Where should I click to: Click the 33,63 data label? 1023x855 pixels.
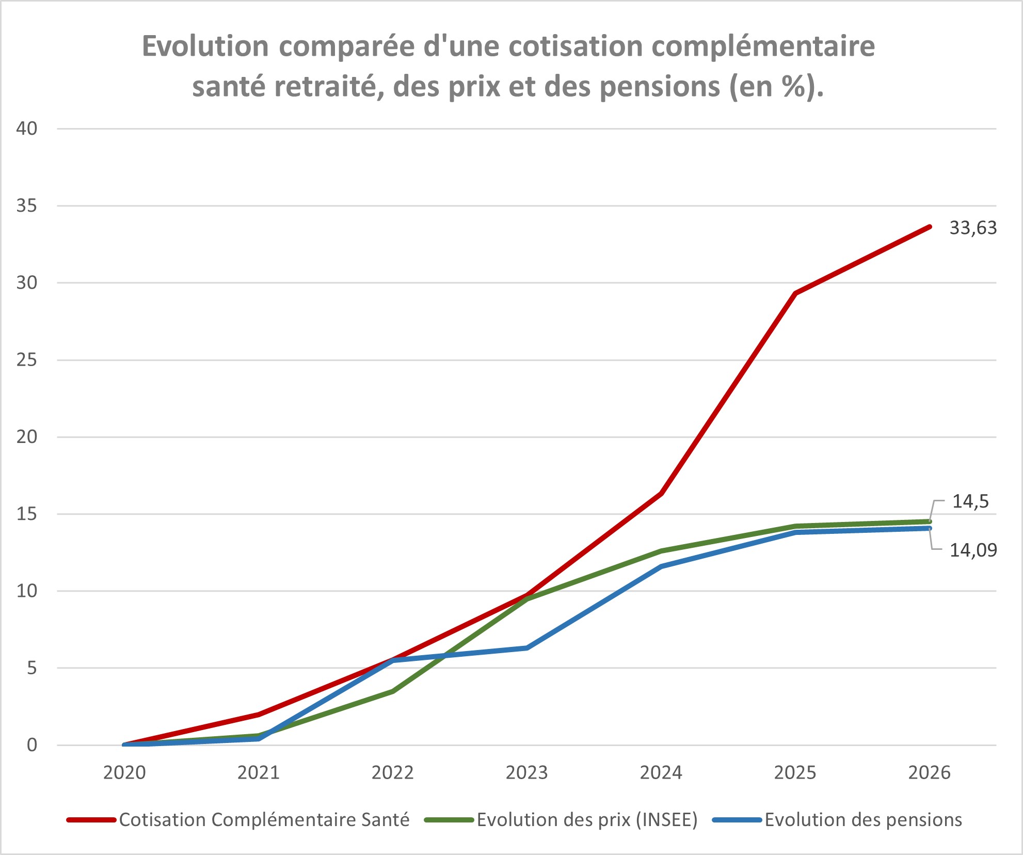(973, 228)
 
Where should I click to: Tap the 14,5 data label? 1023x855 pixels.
(970, 501)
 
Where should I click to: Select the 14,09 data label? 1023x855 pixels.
(973, 550)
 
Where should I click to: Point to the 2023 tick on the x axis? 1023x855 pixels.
(526, 773)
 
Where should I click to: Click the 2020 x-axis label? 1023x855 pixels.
(124, 773)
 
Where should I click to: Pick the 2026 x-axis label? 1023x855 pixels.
(929, 773)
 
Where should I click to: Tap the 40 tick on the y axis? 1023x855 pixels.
(27, 129)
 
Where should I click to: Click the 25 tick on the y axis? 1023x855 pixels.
(27, 360)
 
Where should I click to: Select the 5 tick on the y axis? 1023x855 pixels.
(32, 668)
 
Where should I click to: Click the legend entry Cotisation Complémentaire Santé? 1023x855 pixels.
(264, 820)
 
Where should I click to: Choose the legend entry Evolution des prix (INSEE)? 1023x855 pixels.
(587, 820)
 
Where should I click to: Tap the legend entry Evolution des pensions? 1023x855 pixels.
(863, 820)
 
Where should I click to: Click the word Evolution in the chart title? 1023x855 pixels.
(205, 46)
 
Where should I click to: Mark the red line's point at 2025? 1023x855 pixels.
(795, 294)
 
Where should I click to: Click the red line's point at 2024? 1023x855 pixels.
(661, 494)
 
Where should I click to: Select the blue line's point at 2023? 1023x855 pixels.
(526, 648)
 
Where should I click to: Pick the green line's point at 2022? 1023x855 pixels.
(393, 691)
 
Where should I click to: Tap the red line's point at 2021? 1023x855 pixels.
(259, 715)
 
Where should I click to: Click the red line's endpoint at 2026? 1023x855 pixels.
(929, 227)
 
